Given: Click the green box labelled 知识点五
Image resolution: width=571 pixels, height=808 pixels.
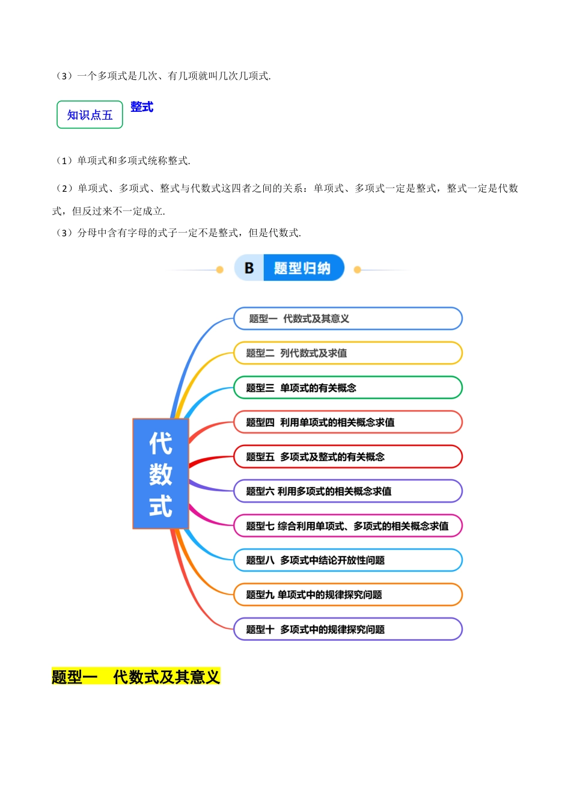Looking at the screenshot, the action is (90, 114).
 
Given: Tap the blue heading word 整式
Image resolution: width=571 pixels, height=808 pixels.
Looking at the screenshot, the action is (142, 107).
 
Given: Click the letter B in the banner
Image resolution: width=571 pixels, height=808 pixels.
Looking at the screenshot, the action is (249, 268).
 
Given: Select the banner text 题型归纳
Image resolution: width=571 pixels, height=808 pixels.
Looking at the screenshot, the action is (302, 268).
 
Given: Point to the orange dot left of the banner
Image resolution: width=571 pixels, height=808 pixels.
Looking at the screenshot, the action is (220, 270).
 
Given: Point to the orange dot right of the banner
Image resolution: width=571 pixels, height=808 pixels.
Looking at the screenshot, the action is (358, 270).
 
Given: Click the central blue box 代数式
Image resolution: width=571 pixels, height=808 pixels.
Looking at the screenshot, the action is (160, 474).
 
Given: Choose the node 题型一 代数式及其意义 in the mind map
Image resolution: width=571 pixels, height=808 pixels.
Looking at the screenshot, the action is (347, 319).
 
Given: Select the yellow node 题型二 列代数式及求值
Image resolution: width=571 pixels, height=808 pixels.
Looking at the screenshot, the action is (347, 353).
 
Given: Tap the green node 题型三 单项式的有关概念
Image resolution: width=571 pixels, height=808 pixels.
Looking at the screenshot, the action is (347, 388).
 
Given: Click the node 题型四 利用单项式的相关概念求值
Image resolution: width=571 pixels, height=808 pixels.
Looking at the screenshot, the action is (347, 422).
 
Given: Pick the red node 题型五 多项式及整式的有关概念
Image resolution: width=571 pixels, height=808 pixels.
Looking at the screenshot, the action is (347, 457).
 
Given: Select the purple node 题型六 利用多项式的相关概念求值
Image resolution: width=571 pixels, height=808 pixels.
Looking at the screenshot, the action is (347, 491).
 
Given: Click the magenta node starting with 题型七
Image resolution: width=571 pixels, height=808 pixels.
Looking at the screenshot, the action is (347, 526).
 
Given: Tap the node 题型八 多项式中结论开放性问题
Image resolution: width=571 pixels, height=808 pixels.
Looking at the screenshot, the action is (347, 560).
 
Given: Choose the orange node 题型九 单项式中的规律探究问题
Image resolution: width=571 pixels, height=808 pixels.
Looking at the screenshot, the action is (347, 595).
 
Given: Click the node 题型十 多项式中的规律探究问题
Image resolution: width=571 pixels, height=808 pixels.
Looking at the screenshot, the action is (347, 629).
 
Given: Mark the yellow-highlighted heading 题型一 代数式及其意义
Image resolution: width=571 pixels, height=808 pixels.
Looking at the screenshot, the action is (136, 677).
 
